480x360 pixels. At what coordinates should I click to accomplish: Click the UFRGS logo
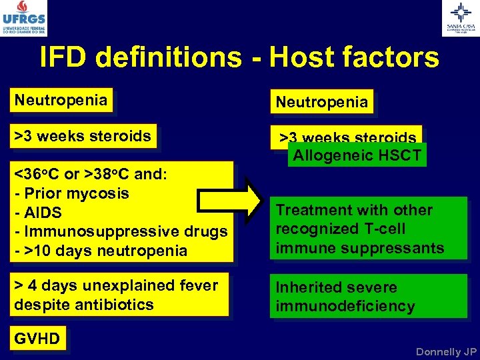tap(24, 18)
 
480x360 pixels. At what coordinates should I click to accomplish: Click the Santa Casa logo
tap(460, 18)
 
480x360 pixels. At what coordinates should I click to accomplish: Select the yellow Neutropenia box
tap(61, 101)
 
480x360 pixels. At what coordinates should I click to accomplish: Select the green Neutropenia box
tap(321, 102)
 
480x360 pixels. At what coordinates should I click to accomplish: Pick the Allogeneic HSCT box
tap(357, 156)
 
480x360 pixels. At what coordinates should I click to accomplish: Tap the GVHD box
tap(37, 339)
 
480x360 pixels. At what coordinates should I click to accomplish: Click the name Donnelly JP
tap(446, 351)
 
